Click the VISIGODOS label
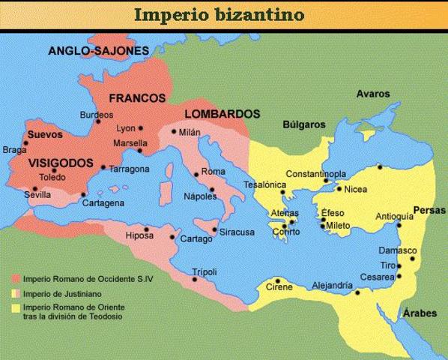point(61,163)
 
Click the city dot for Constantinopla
point(326,181)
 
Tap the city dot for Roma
point(197,175)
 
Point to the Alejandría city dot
point(358,292)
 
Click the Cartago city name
point(196,240)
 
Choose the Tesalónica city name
point(265,184)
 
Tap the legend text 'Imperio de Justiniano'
point(63,293)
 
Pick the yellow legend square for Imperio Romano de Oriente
point(15,307)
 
